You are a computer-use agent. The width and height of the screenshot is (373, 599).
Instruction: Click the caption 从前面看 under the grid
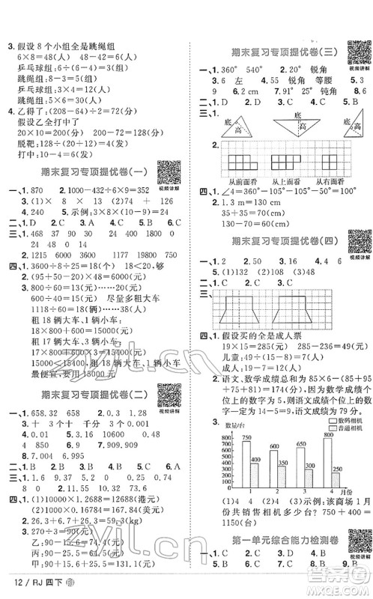click(x=238, y=181)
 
